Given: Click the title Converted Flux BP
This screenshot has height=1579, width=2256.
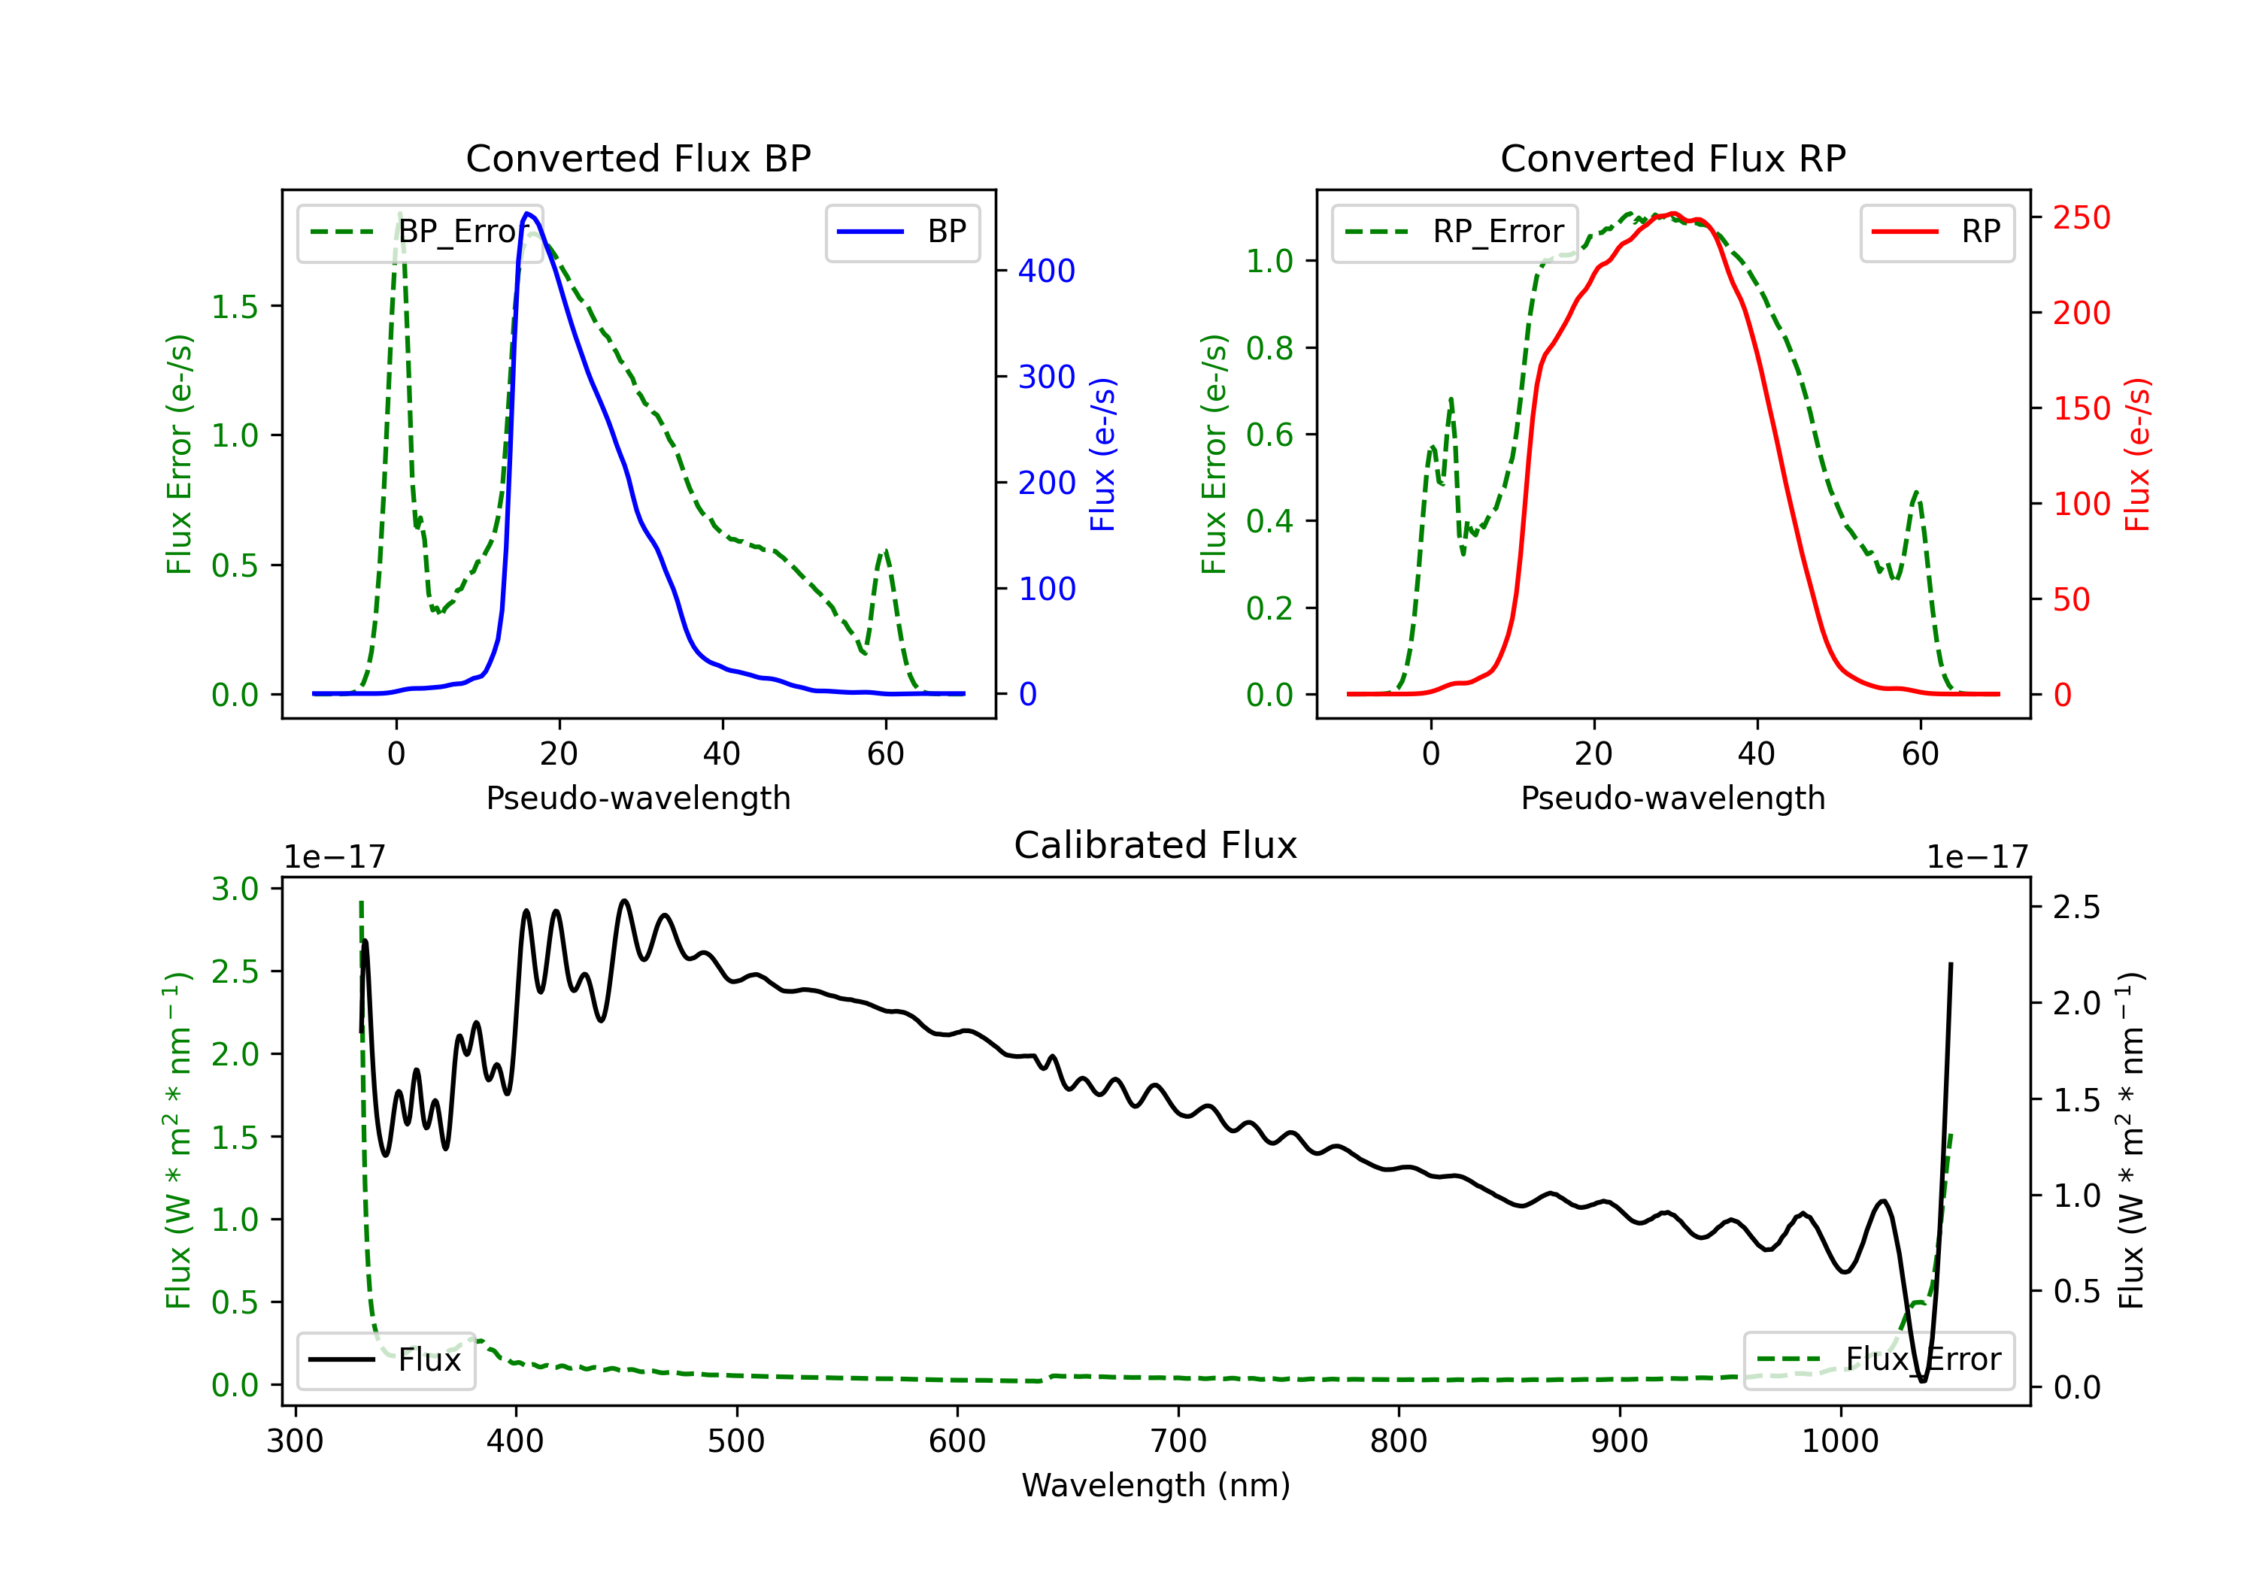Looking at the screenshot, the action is pos(638,158).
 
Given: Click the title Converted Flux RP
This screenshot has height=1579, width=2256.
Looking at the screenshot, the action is pos(1673,158).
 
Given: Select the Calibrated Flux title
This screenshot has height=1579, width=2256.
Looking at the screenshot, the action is pos(1156,845).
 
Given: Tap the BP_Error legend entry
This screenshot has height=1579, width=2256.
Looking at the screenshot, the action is pos(420,232).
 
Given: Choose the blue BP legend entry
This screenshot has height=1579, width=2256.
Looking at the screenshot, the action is pos(902,232).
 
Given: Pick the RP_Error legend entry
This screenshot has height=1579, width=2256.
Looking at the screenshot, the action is pos(1454,232).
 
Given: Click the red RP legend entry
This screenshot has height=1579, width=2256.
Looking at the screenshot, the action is pos(1936,232).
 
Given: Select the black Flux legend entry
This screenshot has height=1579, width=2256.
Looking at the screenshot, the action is pos(385,1360).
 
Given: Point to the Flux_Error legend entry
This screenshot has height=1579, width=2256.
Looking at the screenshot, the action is pos(1878,1360).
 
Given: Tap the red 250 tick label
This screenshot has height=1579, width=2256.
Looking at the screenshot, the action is pos(2081,217).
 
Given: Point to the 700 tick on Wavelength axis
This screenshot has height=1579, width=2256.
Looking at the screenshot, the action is pos(1178,1441).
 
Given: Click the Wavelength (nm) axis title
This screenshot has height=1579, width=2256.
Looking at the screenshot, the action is pos(1156,1485).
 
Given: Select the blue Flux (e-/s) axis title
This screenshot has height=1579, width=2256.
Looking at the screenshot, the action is pos(1102,454).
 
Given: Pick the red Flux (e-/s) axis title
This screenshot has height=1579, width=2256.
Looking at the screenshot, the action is pos(2137,454).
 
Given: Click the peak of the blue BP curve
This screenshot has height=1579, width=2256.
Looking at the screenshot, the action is pos(528,214).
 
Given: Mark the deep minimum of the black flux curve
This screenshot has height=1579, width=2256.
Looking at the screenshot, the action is pos(1923,1380).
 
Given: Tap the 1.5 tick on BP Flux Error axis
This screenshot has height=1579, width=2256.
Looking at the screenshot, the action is pos(235,307).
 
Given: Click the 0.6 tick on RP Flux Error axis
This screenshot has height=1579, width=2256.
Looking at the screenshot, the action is pos(1269,435).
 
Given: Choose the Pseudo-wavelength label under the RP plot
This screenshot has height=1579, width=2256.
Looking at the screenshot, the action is pos(1673,798).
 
